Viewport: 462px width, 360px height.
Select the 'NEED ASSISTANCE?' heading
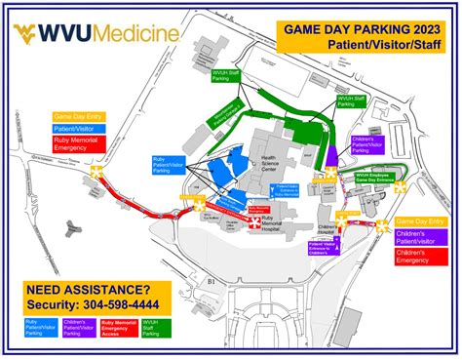pos(88,290)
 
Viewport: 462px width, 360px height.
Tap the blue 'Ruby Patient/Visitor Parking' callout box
pos(170,166)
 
